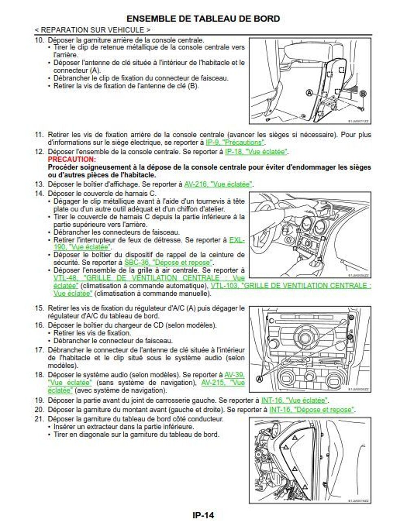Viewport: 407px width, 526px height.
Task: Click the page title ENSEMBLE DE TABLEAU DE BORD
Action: [x=203, y=19]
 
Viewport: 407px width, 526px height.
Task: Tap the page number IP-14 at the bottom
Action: [x=203, y=515]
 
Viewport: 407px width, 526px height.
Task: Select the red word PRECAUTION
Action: [x=72, y=159]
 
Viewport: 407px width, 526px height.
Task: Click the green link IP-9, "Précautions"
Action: [x=235, y=143]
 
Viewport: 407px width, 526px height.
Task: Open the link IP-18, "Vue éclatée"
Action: [x=256, y=152]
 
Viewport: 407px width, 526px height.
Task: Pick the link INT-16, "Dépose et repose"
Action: [x=312, y=410]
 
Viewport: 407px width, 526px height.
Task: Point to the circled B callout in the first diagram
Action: [x=363, y=94]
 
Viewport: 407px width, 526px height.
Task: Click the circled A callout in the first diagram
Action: [x=309, y=93]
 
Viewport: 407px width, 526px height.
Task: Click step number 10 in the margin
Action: [x=39, y=40]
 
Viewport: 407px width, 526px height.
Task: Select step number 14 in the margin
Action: [x=39, y=194]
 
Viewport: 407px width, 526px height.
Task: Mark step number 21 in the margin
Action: [x=39, y=419]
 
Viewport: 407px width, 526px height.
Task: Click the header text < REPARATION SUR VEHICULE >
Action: [x=92, y=30]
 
